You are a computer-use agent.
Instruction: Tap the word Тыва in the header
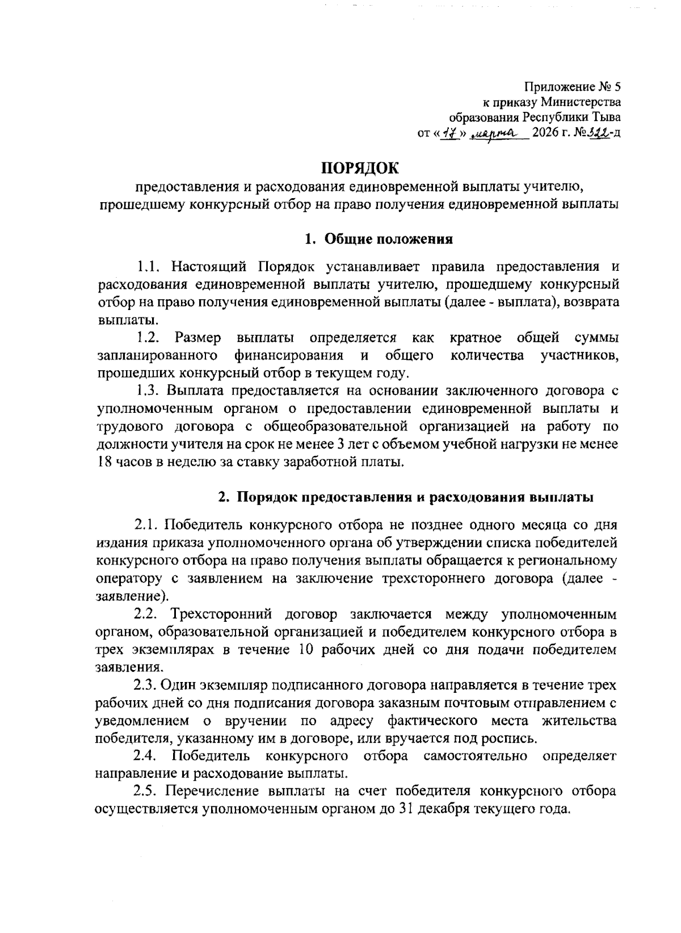606,118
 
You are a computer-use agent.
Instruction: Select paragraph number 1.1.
150,266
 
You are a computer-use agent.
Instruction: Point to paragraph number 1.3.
149,391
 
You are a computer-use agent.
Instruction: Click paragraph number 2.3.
146,685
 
